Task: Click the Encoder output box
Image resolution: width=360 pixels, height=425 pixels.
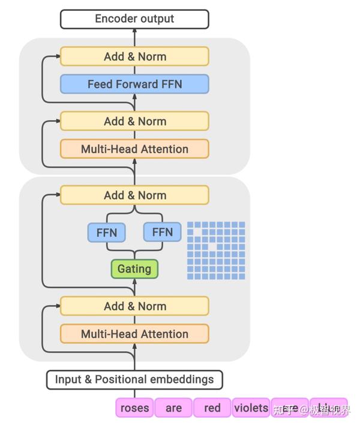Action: (x=134, y=19)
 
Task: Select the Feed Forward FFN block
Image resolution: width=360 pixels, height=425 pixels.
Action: (x=134, y=84)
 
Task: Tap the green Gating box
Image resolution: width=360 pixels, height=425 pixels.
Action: (x=134, y=269)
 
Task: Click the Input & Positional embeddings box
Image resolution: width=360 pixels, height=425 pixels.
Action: (x=134, y=379)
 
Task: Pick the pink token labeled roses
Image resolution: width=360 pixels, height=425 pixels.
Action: (x=134, y=408)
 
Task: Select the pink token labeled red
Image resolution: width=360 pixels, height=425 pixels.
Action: (x=212, y=408)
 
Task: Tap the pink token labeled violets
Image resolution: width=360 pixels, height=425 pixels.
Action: (x=251, y=408)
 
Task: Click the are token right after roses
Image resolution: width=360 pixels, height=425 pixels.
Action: (x=173, y=408)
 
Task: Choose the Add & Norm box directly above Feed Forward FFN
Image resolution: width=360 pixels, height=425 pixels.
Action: (x=134, y=56)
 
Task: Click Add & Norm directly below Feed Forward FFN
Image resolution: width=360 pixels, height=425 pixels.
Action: (x=134, y=121)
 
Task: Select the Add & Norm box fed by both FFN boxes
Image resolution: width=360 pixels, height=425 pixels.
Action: (x=134, y=195)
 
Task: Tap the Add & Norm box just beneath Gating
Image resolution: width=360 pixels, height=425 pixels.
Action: (x=134, y=306)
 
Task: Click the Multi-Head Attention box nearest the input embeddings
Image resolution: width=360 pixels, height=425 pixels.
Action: (x=134, y=334)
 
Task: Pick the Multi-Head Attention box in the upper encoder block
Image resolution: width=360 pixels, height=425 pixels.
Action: (x=134, y=149)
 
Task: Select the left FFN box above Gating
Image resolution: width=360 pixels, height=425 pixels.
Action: (x=106, y=232)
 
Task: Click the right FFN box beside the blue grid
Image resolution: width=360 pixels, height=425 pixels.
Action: (x=162, y=232)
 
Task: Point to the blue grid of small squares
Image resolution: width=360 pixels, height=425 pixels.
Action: (x=216, y=250)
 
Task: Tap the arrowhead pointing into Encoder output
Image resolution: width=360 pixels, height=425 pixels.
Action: (x=134, y=32)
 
